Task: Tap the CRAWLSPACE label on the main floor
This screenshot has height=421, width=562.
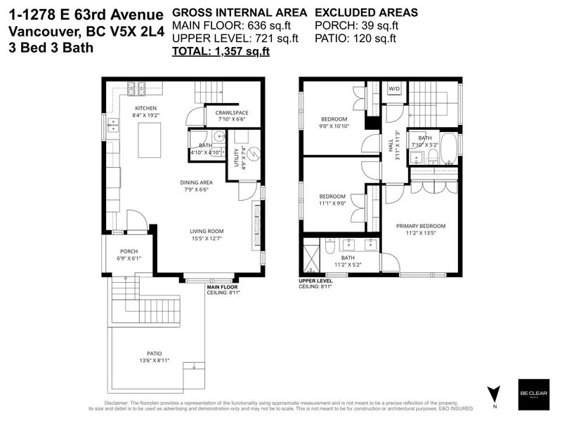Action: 232,112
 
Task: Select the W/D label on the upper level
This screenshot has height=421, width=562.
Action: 394,89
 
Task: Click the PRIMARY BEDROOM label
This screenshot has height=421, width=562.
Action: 420,226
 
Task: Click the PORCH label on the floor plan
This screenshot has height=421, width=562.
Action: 129,251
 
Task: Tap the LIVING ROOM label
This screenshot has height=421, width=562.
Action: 207,231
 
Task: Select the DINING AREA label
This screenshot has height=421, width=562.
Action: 196,182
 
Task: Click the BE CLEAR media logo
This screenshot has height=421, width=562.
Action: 533,392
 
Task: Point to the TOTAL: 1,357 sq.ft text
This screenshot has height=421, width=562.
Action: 221,51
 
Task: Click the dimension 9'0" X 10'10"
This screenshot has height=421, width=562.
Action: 334,128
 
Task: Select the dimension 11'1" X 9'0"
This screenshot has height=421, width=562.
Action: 332,204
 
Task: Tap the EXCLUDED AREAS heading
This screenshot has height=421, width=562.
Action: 366,13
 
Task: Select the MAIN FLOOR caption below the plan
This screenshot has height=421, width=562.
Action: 222,287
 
